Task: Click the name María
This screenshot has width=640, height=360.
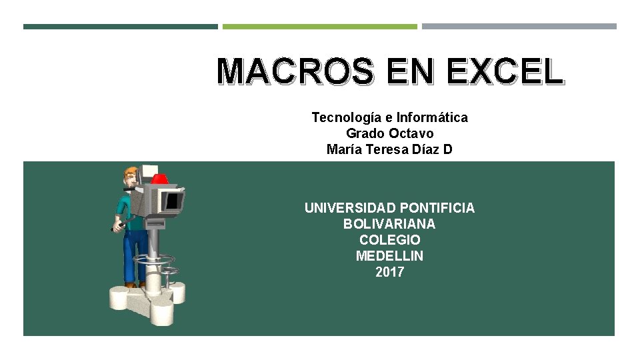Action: (346, 149)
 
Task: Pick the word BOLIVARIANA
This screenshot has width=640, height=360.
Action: (389, 224)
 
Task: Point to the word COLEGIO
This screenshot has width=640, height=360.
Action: (389, 240)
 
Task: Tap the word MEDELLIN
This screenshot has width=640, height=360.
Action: (389, 256)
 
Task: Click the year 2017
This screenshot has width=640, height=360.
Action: (389, 272)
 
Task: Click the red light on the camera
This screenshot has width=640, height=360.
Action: (159, 179)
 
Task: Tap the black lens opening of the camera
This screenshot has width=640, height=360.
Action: (174, 199)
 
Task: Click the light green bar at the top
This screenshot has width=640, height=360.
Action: (319, 27)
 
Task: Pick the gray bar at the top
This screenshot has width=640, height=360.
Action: (519, 27)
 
